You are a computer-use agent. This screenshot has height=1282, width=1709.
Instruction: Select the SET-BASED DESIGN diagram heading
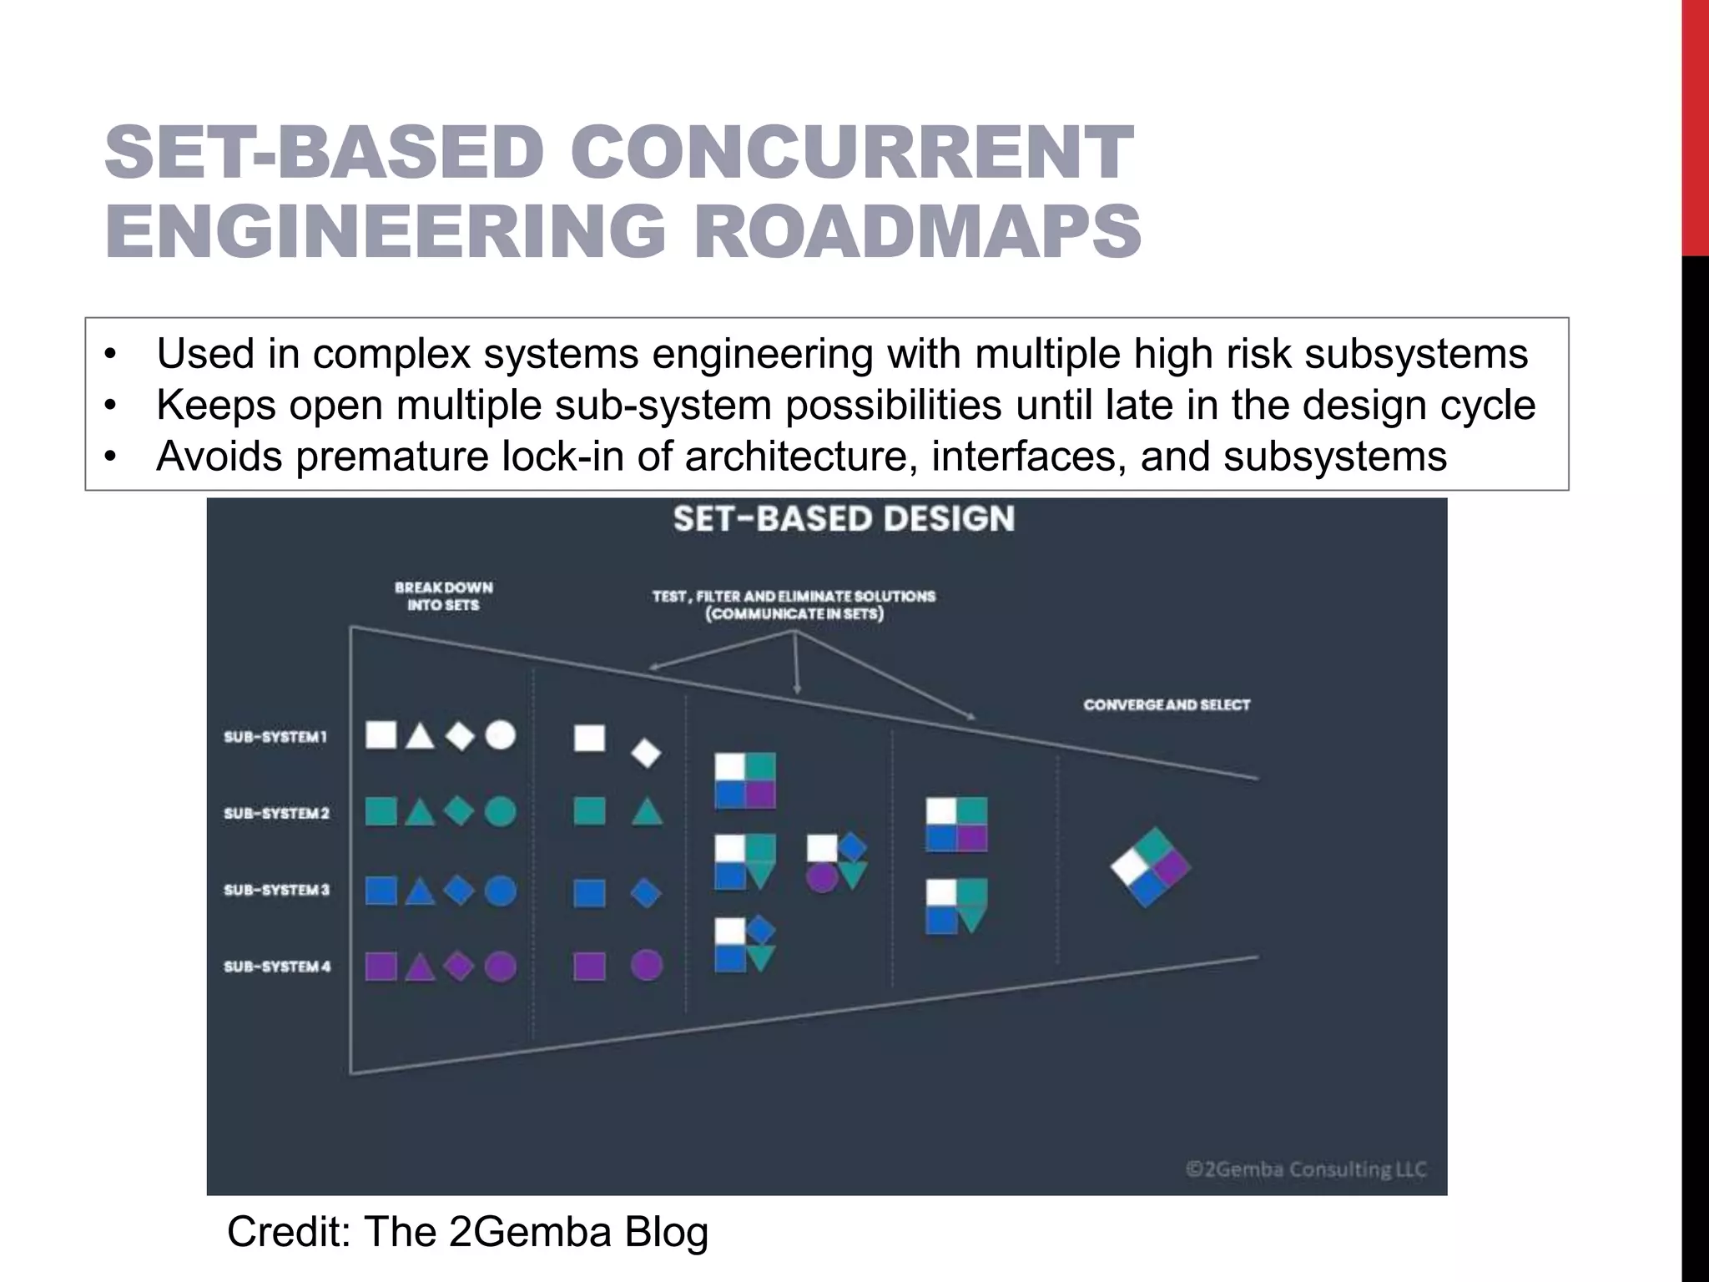844,518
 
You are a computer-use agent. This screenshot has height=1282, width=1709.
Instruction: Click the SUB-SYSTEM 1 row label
275,737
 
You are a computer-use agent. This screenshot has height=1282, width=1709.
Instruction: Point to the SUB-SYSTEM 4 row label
277,967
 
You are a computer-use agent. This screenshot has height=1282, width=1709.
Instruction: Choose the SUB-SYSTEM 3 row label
277,890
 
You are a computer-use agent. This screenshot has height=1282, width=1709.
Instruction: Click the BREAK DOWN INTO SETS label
444,596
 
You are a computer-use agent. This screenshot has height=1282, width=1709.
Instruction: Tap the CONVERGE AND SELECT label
1167,704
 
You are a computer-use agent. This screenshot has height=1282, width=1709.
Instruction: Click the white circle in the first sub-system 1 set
501,735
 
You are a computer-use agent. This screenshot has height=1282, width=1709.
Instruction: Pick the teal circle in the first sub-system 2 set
501,811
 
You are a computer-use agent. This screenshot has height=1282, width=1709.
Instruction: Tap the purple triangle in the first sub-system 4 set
420,968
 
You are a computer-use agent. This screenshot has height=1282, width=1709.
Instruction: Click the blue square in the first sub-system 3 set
381,891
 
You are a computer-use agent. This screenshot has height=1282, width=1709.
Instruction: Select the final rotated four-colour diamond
1150,868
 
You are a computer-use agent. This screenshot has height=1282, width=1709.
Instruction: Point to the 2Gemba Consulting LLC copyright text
1306,1169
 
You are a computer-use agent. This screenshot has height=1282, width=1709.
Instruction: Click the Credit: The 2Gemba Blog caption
467,1232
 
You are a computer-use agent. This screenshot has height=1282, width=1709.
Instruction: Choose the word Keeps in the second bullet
217,406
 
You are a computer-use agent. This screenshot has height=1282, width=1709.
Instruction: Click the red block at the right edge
1695,125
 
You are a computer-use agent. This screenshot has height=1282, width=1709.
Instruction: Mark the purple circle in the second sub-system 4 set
647,966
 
